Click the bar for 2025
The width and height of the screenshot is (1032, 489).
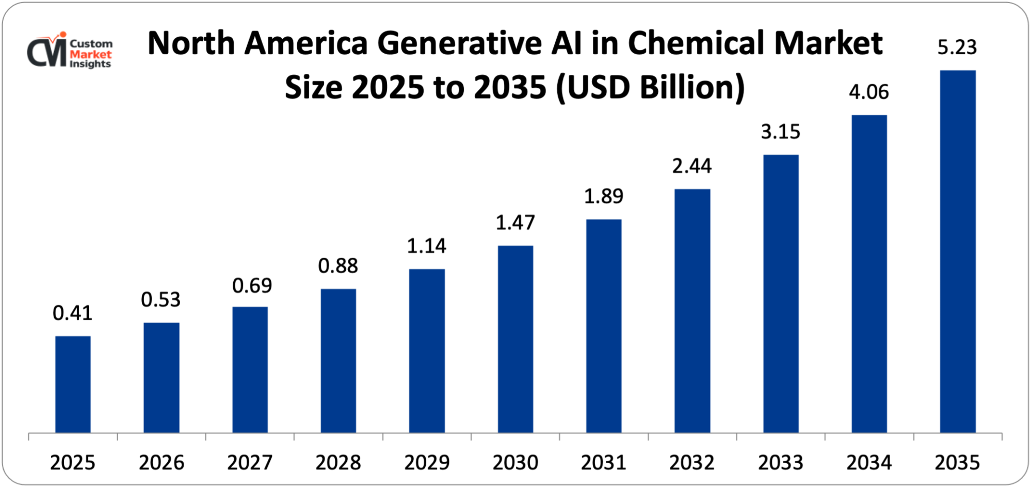point(73,384)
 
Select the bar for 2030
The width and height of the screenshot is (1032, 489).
point(515,339)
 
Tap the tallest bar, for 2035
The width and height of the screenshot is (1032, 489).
point(958,251)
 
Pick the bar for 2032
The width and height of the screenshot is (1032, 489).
point(692,310)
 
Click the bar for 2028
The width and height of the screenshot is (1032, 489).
point(338,360)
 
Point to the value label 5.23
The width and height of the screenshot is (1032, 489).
point(957,47)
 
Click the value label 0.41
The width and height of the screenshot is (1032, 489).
point(72,313)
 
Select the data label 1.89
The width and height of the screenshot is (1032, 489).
point(603,196)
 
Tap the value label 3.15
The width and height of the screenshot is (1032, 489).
point(780,132)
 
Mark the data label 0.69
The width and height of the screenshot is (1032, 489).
point(252,286)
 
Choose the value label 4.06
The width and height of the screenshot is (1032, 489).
point(869,92)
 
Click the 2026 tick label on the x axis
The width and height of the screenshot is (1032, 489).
point(161,462)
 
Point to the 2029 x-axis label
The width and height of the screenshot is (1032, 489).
point(427,462)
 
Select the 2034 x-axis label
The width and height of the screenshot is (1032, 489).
point(869,462)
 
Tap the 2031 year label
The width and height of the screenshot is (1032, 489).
point(603,462)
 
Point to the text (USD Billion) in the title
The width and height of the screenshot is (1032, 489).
point(650,87)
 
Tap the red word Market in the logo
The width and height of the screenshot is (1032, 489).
point(91,54)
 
